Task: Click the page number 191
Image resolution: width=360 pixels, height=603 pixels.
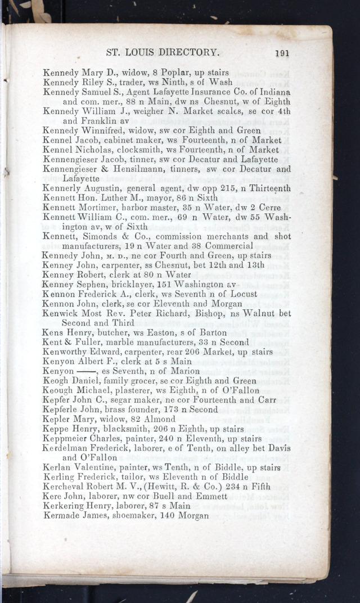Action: (x=282, y=53)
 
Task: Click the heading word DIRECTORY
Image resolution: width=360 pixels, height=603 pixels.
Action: (x=188, y=52)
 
